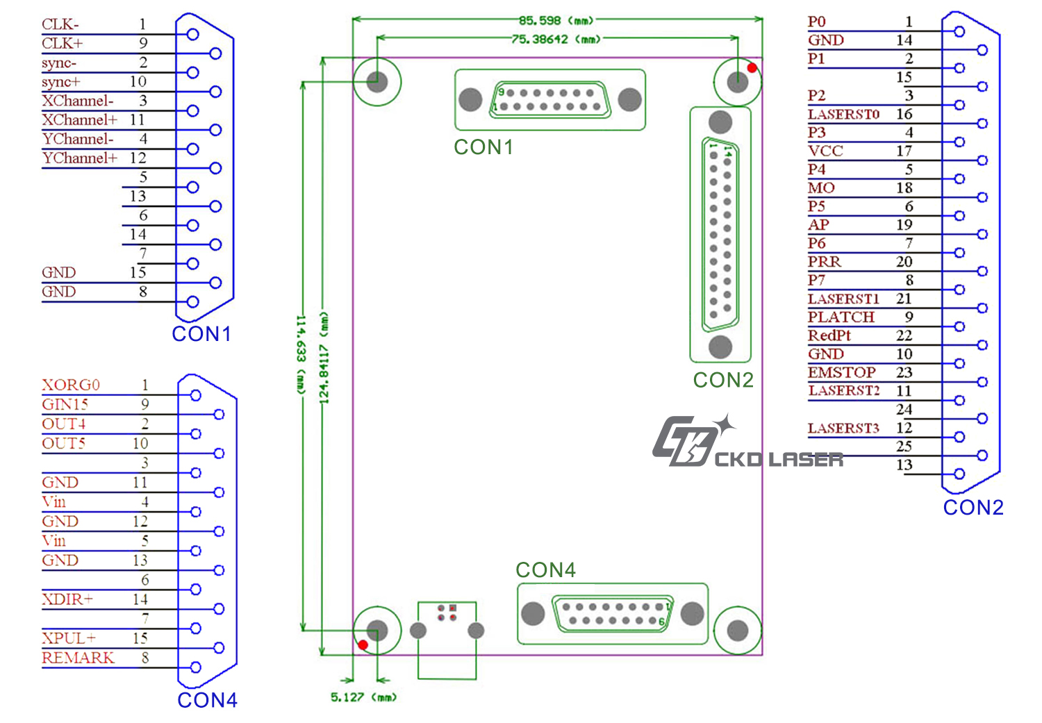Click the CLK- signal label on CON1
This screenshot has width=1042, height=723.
click(60, 24)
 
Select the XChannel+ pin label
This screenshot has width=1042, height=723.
click(79, 119)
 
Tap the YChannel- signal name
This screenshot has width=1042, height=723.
click(77, 139)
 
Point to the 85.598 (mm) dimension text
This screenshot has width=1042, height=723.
click(556, 20)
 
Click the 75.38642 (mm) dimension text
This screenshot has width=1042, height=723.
click(556, 40)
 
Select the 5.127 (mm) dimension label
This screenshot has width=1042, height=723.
click(363, 697)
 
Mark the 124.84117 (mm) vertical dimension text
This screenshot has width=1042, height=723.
click(324, 358)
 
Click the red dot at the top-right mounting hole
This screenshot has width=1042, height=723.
click(752, 68)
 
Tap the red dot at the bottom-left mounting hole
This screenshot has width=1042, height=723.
click(363, 645)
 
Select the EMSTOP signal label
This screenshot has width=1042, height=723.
click(841, 372)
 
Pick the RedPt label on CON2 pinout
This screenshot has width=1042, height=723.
click(829, 335)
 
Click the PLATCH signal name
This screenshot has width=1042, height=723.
click(841, 317)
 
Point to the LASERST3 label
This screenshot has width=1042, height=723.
click(843, 428)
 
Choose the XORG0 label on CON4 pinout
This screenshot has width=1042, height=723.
click(71, 385)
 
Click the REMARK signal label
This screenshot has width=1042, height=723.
click(78, 658)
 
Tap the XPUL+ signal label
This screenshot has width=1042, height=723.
click(69, 638)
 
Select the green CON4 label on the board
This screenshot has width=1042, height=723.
click(545, 570)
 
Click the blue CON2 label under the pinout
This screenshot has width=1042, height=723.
click(973, 508)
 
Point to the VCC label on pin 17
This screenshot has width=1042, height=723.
click(825, 151)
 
